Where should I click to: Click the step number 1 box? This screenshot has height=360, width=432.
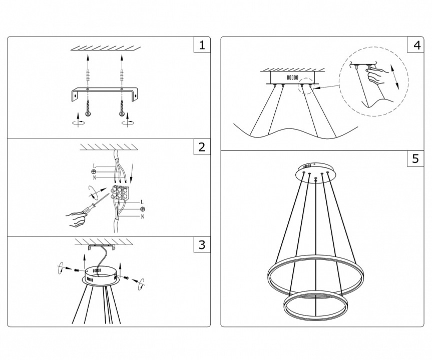pos(201,45)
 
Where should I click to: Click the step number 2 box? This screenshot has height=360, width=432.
pos(201,147)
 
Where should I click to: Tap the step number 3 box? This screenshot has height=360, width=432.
pos(201,244)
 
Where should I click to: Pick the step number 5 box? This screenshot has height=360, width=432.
pos(415,159)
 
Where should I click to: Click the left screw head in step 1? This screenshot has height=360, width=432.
pos(88,114)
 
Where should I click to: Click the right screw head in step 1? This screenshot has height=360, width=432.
pos(122,114)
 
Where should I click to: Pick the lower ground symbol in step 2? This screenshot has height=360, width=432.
pos(143,208)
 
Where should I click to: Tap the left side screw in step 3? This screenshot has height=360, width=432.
pos(77,270)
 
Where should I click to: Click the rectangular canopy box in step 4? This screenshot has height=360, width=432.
pos(293,78)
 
